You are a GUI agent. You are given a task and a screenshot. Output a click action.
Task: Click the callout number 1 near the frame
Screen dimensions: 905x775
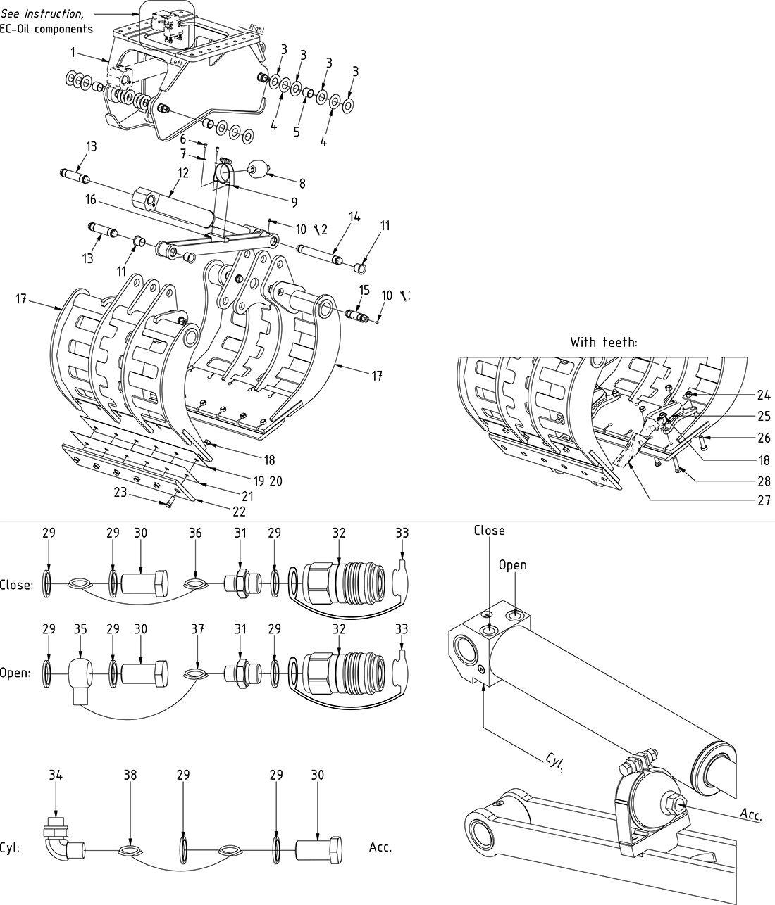(73, 52)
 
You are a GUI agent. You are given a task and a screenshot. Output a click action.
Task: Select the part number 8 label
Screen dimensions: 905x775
(302, 184)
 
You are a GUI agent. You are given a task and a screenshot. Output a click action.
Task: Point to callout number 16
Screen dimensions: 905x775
(90, 200)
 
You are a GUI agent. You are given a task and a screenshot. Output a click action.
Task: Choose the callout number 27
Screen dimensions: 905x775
(763, 501)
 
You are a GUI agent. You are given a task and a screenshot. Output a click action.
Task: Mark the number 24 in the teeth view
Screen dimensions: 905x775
(763, 395)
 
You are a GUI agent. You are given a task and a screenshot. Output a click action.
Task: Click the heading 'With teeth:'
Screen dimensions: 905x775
(604, 343)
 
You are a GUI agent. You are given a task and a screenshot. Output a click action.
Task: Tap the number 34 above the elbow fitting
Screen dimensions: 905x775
(56, 775)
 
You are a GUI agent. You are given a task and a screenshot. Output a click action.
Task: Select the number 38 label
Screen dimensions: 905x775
(130, 775)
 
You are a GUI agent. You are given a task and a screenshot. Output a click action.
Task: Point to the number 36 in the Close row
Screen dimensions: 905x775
(195, 533)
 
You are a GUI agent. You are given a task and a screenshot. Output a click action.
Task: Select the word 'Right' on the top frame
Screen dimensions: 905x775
(256, 29)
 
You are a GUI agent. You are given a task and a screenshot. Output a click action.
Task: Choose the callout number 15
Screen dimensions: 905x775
(364, 289)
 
